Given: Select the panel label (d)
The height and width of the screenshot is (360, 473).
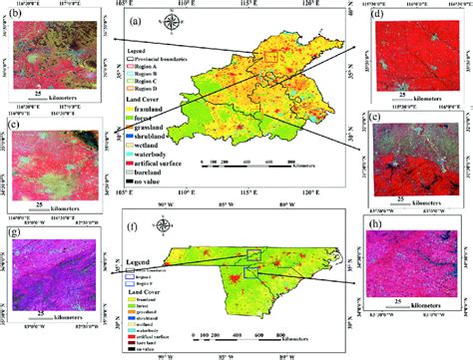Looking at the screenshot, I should coord(377,16).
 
